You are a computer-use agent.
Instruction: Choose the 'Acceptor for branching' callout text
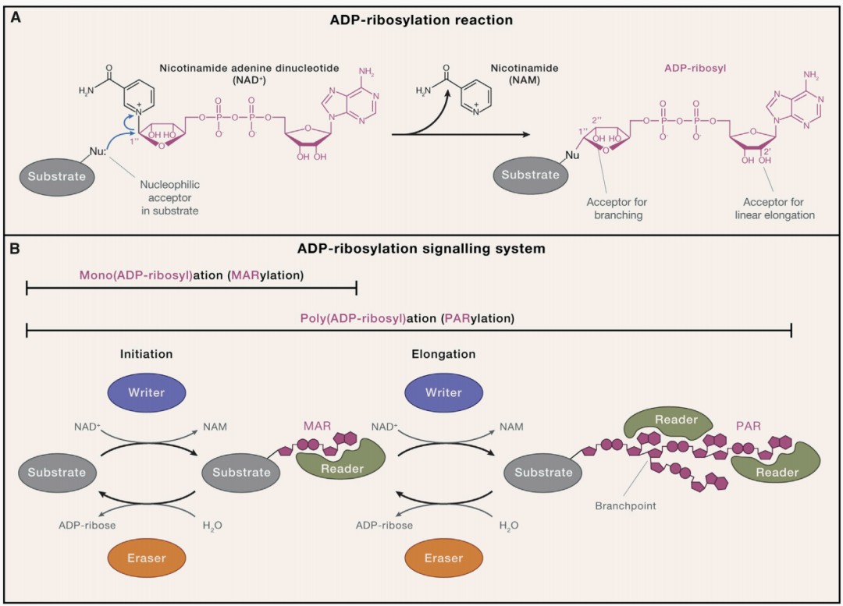pyautogui.click(x=617, y=208)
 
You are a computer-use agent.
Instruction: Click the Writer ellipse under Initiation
pyautogui.click(x=147, y=392)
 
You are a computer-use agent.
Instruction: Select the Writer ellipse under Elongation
pyautogui.click(x=443, y=392)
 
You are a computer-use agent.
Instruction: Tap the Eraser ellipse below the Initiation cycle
pyautogui.click(x=147, y=558)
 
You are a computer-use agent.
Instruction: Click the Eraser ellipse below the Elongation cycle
pyautogui.click(x=443, y=558)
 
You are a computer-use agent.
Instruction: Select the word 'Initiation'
pyautogui.click(x=146, y=353)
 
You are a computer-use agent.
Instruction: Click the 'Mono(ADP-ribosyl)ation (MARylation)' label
pyautogui.click(x=191, y=275)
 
